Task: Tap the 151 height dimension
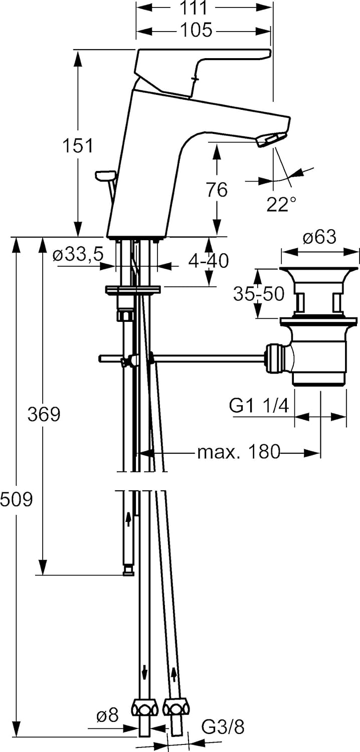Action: pos(78,146)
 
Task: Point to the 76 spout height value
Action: pos(216,190)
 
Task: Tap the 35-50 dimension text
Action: pos(258,294)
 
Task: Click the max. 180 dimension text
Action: pos(238,452)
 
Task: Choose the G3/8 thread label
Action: pos(223,726)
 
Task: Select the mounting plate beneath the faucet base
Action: pos(132,290)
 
